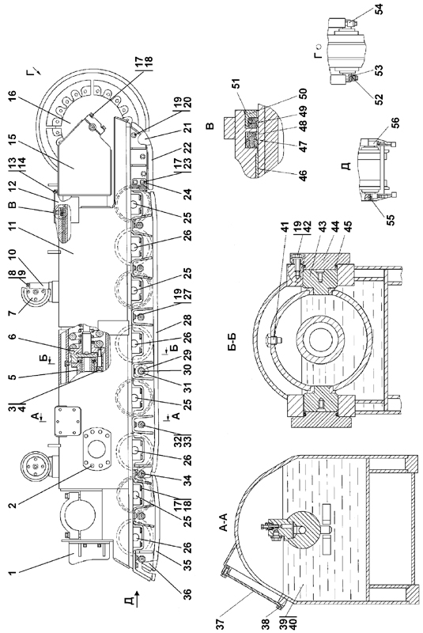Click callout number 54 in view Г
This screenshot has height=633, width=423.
pyautogui.click(x=379, y=9)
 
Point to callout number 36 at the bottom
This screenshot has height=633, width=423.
pyautogui.click(x=187, y=594)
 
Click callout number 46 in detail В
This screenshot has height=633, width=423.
pyautogui.click(x=302, y=176)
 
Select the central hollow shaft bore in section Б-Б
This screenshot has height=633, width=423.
pyautogui.click(x=320, y=339)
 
